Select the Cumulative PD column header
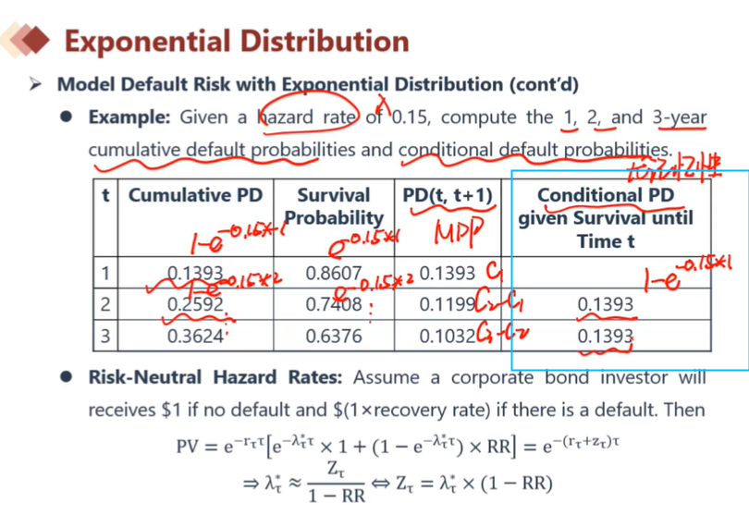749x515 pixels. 195,195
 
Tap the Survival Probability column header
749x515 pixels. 334,206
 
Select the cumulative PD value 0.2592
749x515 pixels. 195,303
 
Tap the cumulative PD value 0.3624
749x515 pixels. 195,336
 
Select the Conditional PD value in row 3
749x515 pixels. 606,336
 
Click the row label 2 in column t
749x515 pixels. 105,303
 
